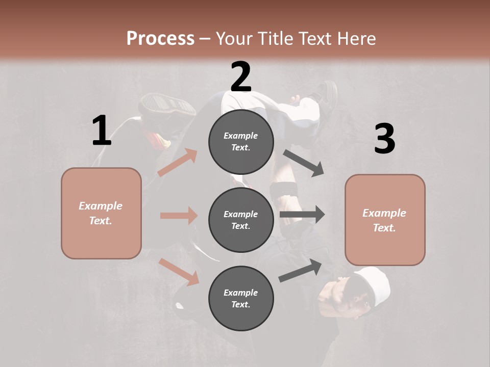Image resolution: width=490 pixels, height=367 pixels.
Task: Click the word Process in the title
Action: [160, 38]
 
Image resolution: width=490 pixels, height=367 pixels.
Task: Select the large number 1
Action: [102, 131]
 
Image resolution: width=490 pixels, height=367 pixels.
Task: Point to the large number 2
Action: [241, 77]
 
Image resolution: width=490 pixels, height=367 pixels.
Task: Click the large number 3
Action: [384, 139]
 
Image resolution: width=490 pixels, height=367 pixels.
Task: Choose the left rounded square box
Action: [101, 213]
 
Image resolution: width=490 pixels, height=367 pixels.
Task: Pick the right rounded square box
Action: [385, 220]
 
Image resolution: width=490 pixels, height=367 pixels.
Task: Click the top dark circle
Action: [241, 142]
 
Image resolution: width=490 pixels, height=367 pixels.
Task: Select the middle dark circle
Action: [241, 220]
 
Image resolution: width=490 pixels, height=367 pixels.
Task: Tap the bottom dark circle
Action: [241, 298]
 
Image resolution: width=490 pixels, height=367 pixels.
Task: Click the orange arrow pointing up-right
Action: [178, 162]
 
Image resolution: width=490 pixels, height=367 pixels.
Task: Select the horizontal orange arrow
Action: [179, 216]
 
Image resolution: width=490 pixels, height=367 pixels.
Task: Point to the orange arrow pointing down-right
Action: [179, 272]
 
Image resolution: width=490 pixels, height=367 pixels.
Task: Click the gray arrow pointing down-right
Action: [304, 163]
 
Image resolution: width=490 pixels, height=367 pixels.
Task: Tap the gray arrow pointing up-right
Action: [300, 271]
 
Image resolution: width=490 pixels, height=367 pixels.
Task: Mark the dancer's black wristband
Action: [284, 192]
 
